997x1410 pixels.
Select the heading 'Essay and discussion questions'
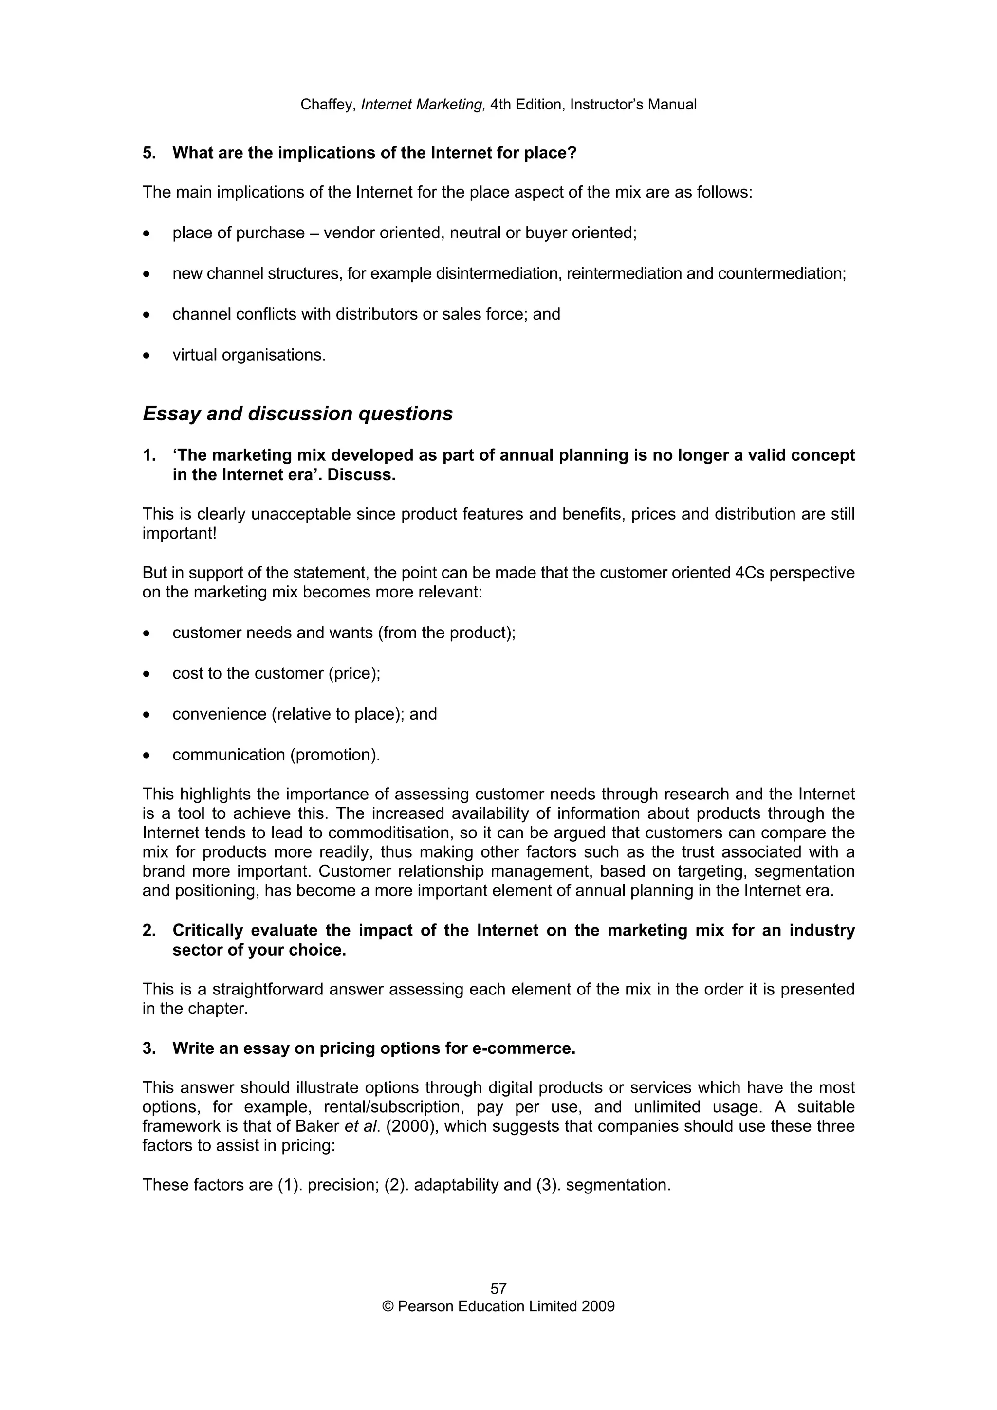pos(297,414)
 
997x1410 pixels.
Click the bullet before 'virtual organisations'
pos(146,356)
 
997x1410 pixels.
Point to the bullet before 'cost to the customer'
pos(146,674)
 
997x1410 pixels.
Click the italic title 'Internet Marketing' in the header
pos(423,105)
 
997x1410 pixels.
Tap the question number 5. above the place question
pos(149,153)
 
